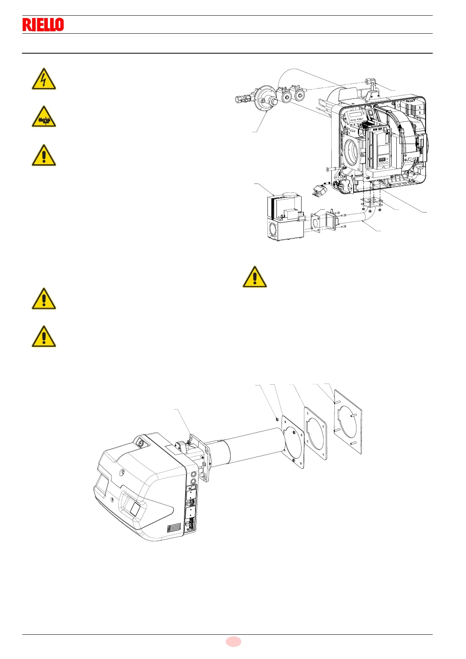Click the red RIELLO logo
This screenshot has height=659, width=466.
coord(43,25)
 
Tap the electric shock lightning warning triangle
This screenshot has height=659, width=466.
coord(44,80)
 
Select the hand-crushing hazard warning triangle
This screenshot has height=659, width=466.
coord(44,117)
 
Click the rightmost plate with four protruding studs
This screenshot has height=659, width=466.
coord(348,422)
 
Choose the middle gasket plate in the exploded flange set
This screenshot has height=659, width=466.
coord(316,433)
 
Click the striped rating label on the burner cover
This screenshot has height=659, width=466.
coord(174,528)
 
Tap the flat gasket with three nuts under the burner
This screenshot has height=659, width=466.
coord(371,202)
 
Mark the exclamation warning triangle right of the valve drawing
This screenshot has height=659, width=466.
coord(255,277)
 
